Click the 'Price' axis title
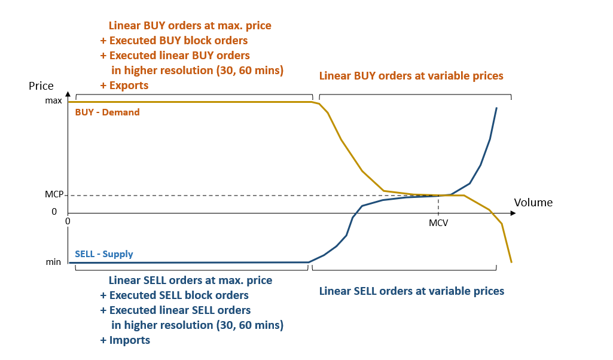(41, 86)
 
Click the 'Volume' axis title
(533, 203)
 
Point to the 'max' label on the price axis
(54, 100)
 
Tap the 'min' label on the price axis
(54, 262)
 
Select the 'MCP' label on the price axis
(54, 195)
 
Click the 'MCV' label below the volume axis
(438, 223)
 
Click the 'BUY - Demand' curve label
(107, 112)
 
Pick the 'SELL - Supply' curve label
(104, 254)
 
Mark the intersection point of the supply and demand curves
(439, 195)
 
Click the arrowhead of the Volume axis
(513, 213)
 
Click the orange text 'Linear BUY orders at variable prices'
(411, 76)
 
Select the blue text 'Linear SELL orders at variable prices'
(411, 291)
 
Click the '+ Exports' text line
(124, 86)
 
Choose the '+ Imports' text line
(125, 340)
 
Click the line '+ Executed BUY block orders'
(174, 41)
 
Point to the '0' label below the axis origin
(68, 221)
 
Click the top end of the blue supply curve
(496, 108)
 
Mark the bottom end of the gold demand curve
(511, 262)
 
